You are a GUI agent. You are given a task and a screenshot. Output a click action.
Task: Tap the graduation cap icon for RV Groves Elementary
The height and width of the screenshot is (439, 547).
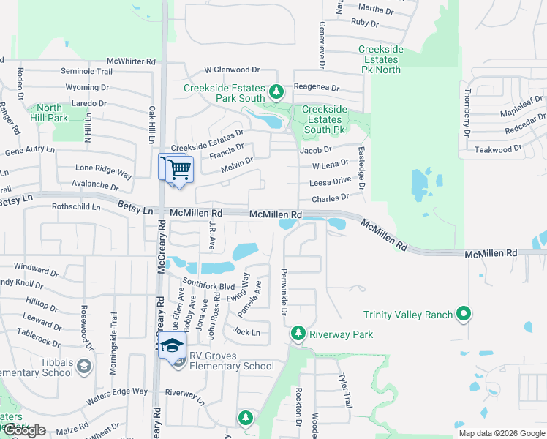point(173,345)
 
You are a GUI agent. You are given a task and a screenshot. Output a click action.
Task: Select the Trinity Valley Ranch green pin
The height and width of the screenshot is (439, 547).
point(463,315)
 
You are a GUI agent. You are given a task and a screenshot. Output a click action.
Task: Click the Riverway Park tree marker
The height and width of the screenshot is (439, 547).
point(298,334)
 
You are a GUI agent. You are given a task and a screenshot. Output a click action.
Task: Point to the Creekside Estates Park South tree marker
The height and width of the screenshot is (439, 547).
point(276,91)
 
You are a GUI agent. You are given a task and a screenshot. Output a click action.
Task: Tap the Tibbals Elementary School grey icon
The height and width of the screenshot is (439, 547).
point(85,364)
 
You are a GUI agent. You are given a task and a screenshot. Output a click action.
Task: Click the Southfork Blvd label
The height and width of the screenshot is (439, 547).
point(208,285)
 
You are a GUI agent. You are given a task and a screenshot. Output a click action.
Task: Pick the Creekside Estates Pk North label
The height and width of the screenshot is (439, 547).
point(381,59)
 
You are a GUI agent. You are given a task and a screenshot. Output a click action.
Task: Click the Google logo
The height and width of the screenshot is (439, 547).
point(25,430)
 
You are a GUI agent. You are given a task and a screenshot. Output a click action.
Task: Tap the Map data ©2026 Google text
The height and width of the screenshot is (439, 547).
point(501,433)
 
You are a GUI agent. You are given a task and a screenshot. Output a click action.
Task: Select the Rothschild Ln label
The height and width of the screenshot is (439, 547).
point(76,207)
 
